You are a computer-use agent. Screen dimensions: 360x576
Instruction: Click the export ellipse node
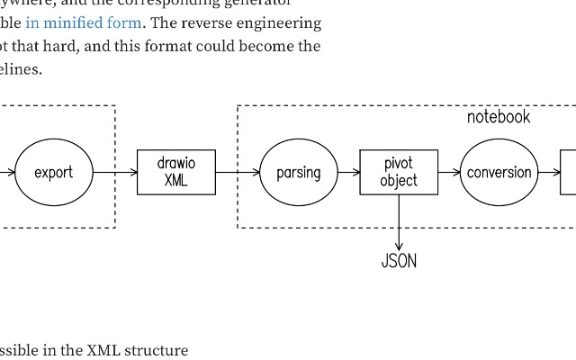pyautogui.click(x=53, y=172)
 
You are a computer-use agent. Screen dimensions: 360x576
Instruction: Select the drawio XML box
pyautogui.click(x=175, y=172)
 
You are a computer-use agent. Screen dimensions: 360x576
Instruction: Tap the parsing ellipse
pyautogui.click(x=298, y=172)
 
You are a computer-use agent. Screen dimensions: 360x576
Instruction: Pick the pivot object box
pyautogui.click(x=399, y=172)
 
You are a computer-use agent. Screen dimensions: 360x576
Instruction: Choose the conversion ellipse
pyautogui.click(x=499, y=172)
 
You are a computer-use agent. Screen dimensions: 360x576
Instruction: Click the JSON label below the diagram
pyautogui.click(x=399, y=261)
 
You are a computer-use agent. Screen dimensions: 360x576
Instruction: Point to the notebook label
pyautogui.click(x=499, y=117)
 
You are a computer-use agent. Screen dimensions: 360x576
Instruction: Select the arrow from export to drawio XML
pyautogui.click(x=115, y=172)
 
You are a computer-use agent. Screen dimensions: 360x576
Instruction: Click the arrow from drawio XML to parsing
pyautogui.click(x=238, y=172)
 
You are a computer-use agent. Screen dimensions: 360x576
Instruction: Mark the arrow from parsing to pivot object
pyautogui.click(x=348, y=172)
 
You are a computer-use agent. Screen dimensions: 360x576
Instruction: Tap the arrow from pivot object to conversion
pyautogui.click(x=449, y=172)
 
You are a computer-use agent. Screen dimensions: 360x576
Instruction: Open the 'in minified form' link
pyautogui.click(x=84, y=22)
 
